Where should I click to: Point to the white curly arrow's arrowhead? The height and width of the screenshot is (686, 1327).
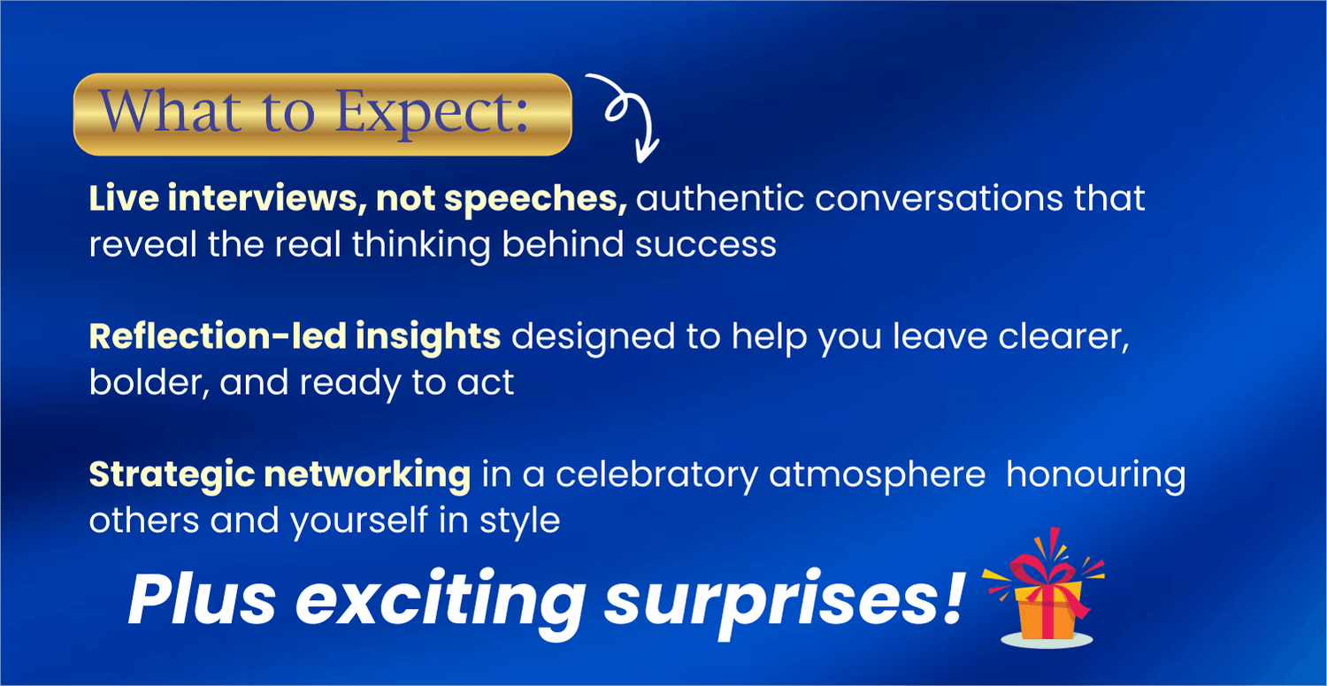click(647, 151)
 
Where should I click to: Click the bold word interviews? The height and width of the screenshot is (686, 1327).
click(263, 197)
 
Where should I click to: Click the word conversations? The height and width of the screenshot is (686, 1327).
click(939, 198)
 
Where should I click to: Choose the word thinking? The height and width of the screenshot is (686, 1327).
click(421, 245)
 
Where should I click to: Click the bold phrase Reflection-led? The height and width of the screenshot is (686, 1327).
click(218, 336)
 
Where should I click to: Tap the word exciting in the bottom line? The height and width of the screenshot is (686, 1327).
click(441, 600)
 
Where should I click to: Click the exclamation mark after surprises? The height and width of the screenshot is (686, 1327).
click(953, 596)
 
